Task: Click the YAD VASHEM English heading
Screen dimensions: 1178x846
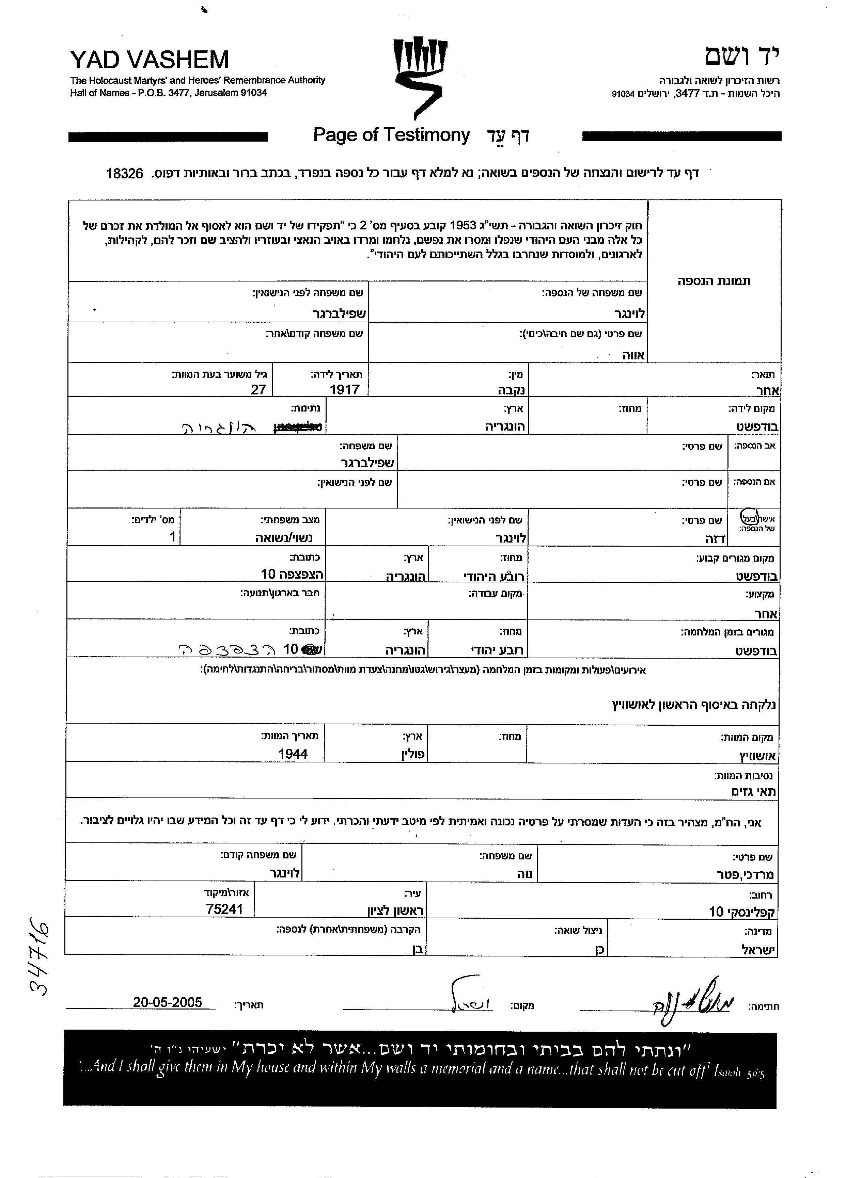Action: [149, 60]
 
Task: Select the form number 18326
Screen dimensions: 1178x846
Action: [124, 174]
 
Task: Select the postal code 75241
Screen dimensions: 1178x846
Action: [224, 909]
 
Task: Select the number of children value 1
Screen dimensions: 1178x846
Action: [173, 536]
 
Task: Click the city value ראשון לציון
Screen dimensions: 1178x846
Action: [395, 910]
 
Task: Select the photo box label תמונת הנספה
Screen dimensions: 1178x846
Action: [714, 281]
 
